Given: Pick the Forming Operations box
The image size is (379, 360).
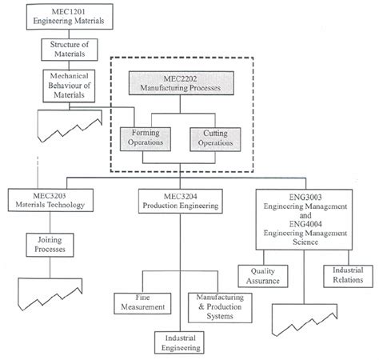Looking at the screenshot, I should tap(145, 139).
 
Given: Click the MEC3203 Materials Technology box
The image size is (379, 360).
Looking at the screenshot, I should tap(50, 201).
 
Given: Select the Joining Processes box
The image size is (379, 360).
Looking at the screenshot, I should tap(50, 244).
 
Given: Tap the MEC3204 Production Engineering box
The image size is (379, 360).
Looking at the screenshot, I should tap(180, 201).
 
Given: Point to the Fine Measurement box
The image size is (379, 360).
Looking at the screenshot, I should tap(144, 302).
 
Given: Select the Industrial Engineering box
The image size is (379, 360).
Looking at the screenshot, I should tap(180, 342).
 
